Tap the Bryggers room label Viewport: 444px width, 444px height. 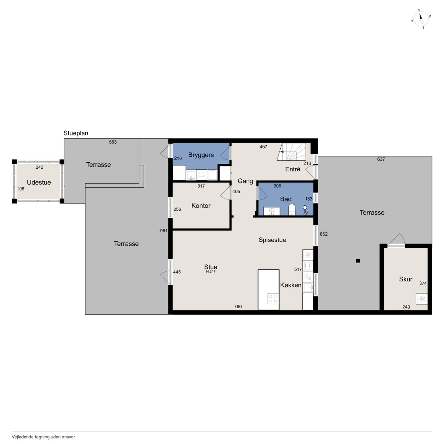pos(201,155)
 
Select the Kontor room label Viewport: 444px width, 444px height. pos(201,206)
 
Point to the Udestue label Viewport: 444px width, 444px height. pos(39,182)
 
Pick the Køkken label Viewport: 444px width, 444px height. pos(291,285)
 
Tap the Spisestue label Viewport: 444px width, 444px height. pos(272,240)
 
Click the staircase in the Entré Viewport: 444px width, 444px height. pos(291,152)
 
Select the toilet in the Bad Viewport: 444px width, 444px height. pos(292,210)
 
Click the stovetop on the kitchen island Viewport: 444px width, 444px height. pos(273,299)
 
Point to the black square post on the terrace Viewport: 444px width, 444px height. pos(358,261)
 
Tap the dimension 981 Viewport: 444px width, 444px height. pos(163,231)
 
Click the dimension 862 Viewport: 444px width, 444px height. pos(324,234)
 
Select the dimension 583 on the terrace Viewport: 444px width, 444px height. pos(113,142)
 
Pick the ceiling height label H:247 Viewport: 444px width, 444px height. pos(211,272)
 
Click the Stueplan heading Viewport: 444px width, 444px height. pos(76,133)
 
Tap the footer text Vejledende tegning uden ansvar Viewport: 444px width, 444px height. pos(43,437)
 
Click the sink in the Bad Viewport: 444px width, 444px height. pos(272,211)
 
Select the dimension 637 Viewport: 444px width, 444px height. pos(381,159)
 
